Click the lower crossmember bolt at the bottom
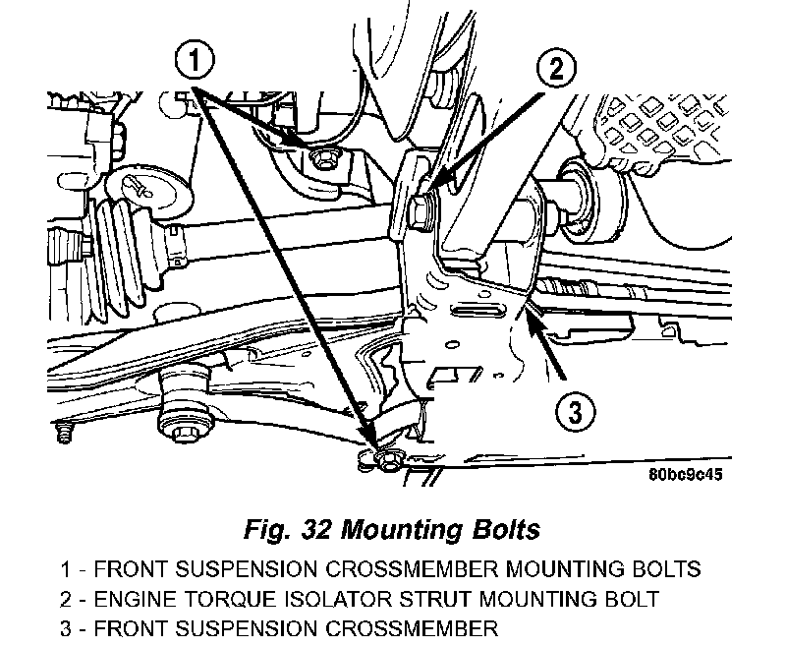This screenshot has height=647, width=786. tap(385, 459)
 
